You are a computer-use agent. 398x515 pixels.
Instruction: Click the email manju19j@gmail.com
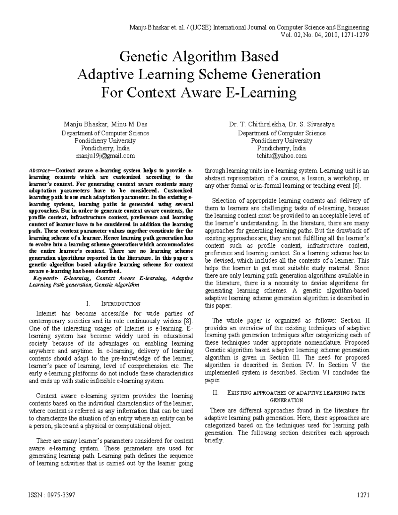click(x=105, y=156)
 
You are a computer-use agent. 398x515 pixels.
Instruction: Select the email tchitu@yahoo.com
click(x=282, y=156)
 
